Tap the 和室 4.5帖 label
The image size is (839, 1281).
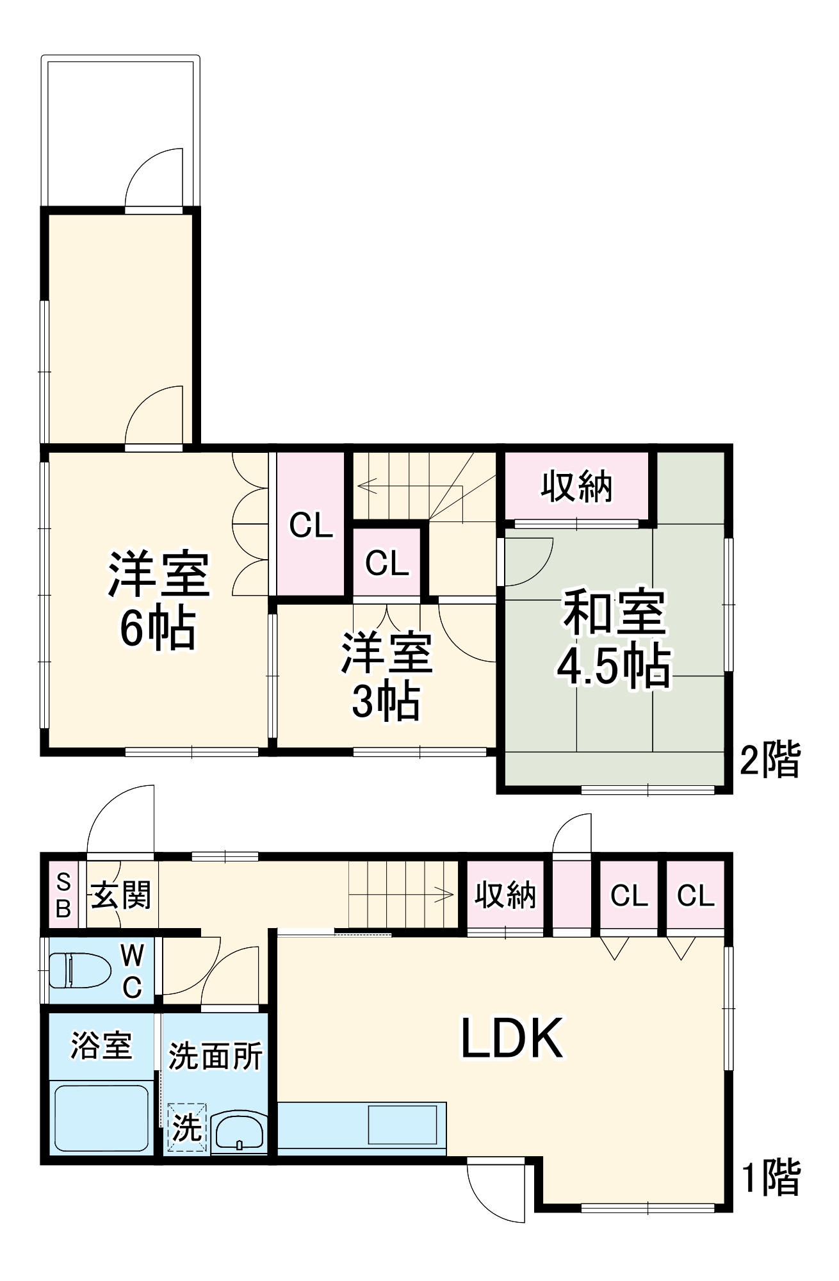(x=613, y=640)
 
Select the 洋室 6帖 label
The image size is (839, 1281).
(x=158, y=600)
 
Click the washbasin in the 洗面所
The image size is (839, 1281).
(x=238, y=1132)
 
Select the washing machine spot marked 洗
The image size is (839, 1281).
(x=187, y=1128)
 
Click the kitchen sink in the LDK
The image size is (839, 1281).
(x=402, y=1125)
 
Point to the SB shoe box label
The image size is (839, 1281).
(x=63, y=895)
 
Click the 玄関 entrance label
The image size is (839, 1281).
(x=121, y=895)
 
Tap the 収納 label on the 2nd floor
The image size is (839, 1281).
(x=576, y=487)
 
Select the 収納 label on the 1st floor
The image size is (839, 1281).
(x=505, y=895)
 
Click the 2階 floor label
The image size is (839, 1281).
(x=769, y=760)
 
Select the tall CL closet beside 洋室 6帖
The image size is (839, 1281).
(x=311, y=525)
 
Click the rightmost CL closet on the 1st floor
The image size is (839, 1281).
(x=696, y=895)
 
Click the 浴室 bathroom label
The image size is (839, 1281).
(x=101, y=1046)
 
